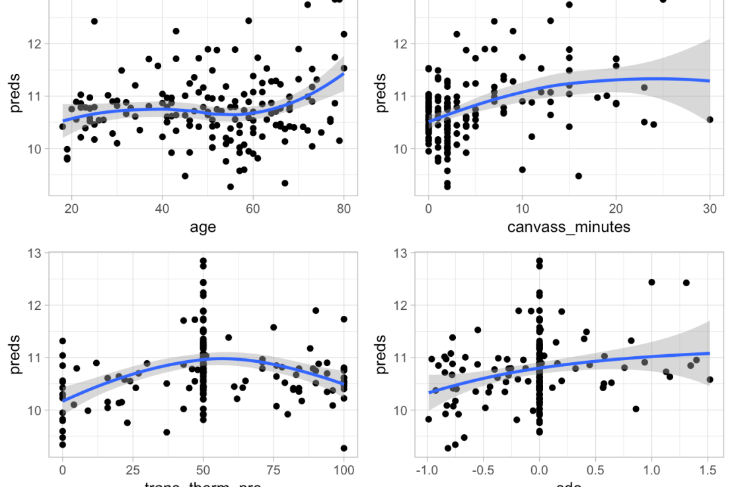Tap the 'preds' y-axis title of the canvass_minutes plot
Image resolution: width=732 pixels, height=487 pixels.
pyautogui.click(x=381, y=96)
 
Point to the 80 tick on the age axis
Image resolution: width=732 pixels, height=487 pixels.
pyautogui.click(x=344, y=208)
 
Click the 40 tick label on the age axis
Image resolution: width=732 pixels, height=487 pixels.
pyautogui.click(x=162, y=208)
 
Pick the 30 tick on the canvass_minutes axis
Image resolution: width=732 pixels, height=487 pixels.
pyautogui.click(x=710, y=208)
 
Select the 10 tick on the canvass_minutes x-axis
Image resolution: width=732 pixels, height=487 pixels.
pyautogui.click(x=522, y=208)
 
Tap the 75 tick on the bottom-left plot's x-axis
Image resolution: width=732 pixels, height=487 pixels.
pyautogui.click(x=274, y=470)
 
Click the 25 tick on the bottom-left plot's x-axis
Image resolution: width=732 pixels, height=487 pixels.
pyautogui.click(x=133, y=470)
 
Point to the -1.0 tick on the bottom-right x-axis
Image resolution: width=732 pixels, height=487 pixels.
pyautogui.click(x=427, y=470)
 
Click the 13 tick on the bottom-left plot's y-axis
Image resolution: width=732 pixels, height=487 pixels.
pyautogui.click(x=34, y=253)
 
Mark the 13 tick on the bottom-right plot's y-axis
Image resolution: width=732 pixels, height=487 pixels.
pyautogui.click(x=400, y=253)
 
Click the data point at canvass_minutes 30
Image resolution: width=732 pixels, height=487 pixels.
pyautogui.click(x=710, y=120)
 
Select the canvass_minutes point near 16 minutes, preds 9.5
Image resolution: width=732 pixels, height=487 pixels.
pyautogui.click(x=578, y=176)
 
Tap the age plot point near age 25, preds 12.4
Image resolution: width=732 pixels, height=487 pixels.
pyautogui.click(x=94, y=21)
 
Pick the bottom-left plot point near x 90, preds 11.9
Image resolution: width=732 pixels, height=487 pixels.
pyautogui.click(x=316, y=311)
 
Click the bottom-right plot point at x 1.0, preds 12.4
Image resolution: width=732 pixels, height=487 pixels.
pyautogui.click(x=652, y=282)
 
